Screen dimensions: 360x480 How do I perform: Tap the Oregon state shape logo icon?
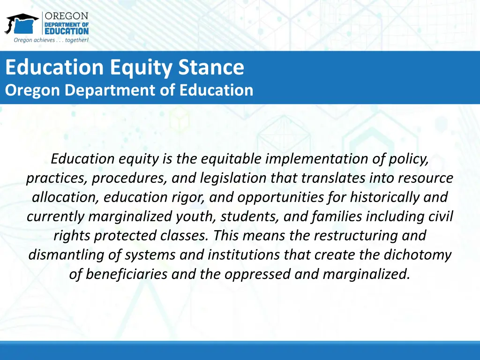tap(22, 23)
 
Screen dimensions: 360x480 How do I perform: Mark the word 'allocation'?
tap(65, 197)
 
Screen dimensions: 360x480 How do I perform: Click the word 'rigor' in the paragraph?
tap(189, 197)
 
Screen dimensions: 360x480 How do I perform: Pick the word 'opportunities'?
tap(283, 197)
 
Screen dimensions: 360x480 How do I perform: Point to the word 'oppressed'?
tap(257, 274)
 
